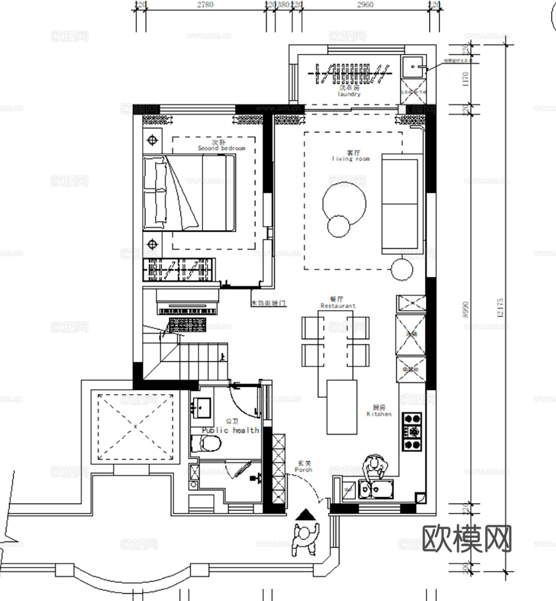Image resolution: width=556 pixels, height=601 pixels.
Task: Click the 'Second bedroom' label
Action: pos(221,148)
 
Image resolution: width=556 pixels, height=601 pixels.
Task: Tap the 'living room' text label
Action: pos(351,158)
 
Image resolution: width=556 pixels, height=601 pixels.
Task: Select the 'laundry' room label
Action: pos(349,94)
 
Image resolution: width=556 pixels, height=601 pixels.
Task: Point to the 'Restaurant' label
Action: pos(338,305)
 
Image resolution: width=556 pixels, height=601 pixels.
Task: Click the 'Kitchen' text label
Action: pos(379,414)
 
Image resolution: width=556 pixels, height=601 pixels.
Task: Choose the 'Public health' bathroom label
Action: pos(230,430)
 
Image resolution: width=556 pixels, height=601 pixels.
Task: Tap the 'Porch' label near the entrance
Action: pos(304,469)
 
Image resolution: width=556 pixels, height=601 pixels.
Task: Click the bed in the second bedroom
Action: pos(189,192)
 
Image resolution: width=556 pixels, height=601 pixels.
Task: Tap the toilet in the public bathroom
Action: pos(207,443)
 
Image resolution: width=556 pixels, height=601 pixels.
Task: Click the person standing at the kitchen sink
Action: pos(374,467)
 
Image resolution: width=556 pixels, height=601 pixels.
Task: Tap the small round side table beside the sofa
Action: pos(401,270)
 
